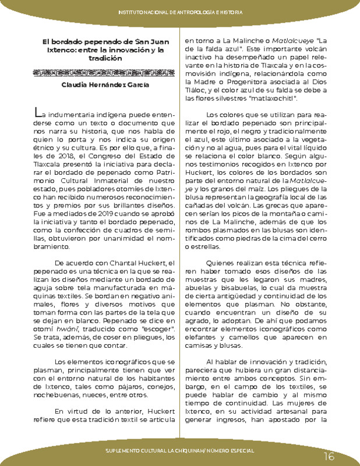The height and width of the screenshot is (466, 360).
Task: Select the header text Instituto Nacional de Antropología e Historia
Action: [x=180, y=12]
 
